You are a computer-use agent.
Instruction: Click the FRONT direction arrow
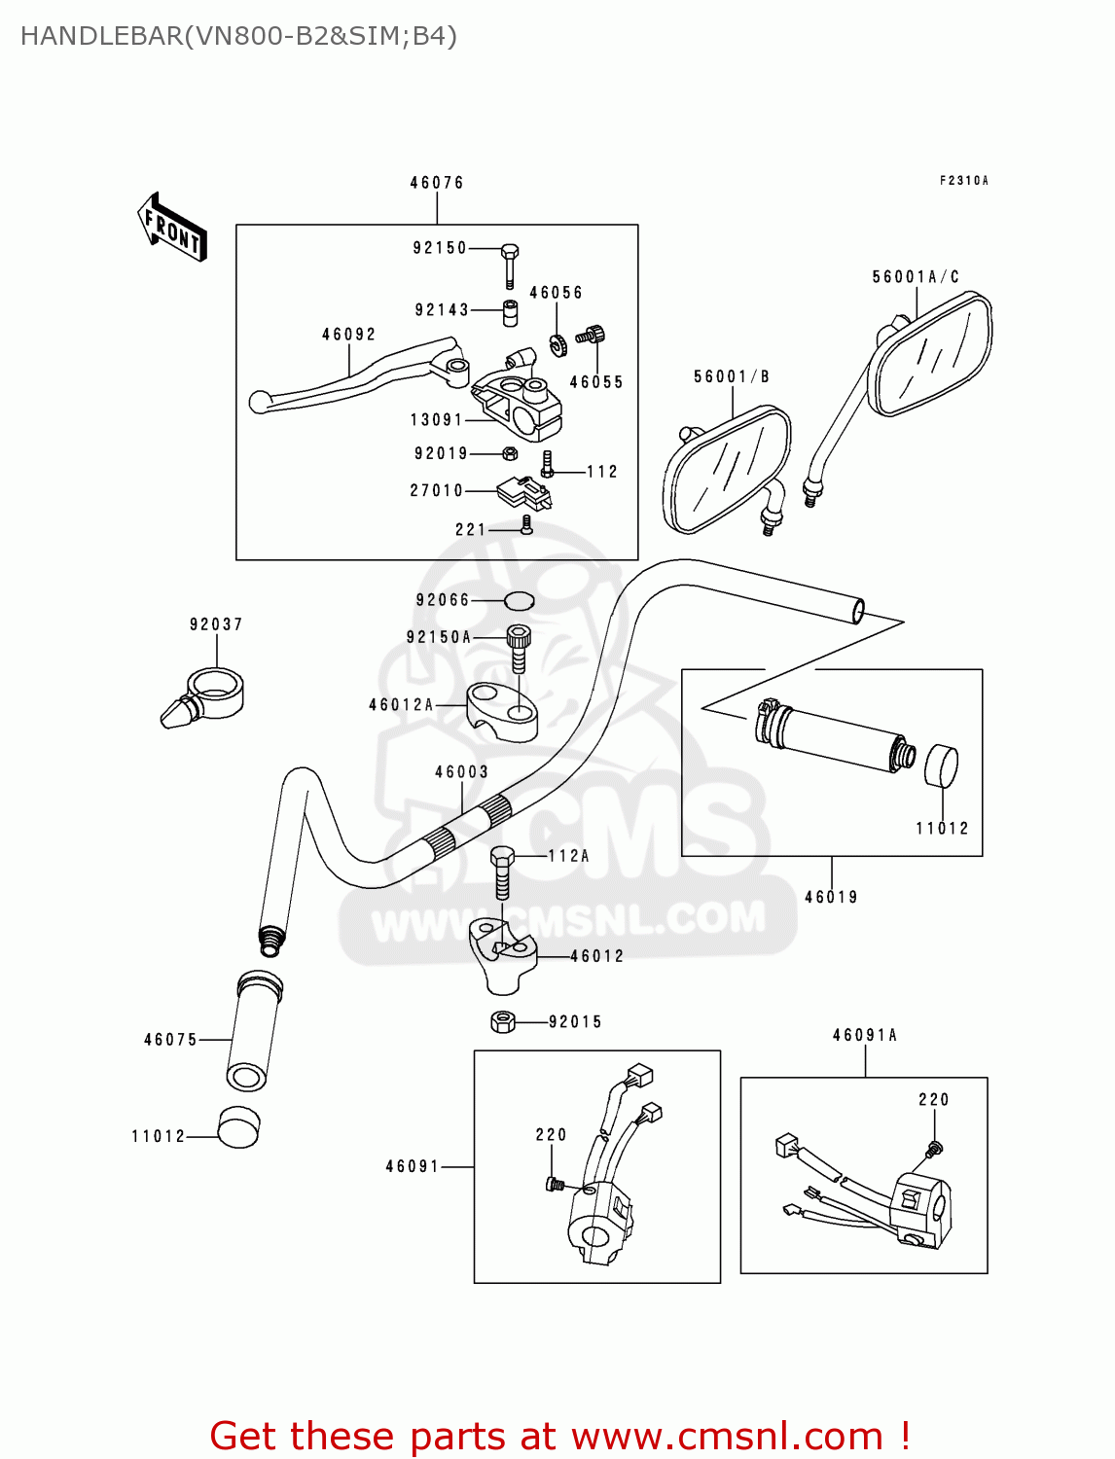tap(172, 228)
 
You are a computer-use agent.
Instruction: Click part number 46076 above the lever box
tap(436, 183)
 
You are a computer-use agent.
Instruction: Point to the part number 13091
tap(436, 420)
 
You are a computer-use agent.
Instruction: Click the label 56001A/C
tap(915, 277)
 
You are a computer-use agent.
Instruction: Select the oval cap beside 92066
tap(519, 600)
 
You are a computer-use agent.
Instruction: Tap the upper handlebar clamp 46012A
tap(502, 710)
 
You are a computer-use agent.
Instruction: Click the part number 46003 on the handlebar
tap(461, 772)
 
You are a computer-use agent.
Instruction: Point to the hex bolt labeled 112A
tap(502, 872)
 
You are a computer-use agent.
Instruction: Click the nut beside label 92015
tap(503, 1021)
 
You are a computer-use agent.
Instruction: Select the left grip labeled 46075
tap(253, 1031)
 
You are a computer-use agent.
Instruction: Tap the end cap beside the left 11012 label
tap(239, 1128)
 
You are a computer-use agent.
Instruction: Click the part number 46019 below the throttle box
tap(831, 897)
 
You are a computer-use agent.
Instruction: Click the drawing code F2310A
tap(963, 181)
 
